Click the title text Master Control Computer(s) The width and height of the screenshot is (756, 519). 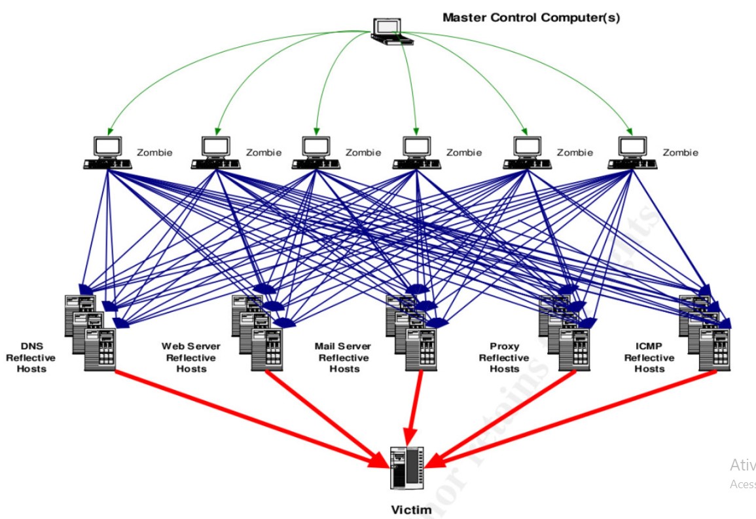[531, 18]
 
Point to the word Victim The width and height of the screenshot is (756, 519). [411, 510]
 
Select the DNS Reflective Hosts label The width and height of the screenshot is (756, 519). [31, 358]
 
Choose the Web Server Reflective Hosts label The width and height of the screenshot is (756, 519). [191, 358]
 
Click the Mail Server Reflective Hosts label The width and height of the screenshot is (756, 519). [342, 358]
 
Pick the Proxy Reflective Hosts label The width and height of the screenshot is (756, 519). [504, 358]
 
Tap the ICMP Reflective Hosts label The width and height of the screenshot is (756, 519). [649, 358]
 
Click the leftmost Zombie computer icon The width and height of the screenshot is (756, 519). [107, 153]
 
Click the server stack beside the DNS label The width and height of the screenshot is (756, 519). [90, 333]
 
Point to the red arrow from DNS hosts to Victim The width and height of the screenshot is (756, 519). [249, 417]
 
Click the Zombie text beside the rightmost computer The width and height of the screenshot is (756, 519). [680, 153]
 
